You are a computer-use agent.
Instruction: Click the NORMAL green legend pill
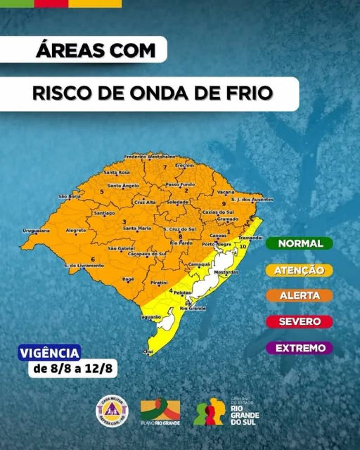300,243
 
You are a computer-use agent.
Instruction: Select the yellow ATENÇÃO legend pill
300,270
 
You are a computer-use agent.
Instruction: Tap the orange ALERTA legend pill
300,296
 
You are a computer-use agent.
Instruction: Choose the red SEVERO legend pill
300,322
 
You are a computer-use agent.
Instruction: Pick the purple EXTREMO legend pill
300,348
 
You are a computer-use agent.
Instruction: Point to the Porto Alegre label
216,244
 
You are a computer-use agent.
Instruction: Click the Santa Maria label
137,228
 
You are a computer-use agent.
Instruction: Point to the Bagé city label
128,279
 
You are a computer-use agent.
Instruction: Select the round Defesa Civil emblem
112,409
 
